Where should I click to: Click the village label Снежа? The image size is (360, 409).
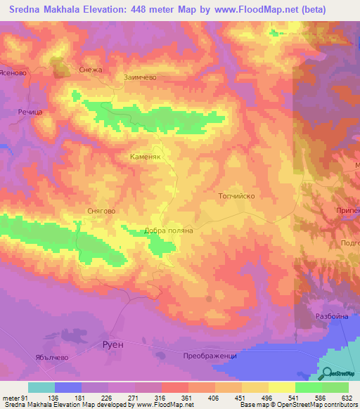click(92, 70)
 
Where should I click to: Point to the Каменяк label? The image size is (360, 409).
click(146, 158)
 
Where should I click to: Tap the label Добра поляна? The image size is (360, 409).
click(168, 230)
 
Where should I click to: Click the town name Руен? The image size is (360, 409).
click(112, 345)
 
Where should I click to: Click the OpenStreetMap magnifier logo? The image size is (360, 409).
click(328, 374)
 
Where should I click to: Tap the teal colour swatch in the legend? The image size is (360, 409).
click(41, 388)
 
